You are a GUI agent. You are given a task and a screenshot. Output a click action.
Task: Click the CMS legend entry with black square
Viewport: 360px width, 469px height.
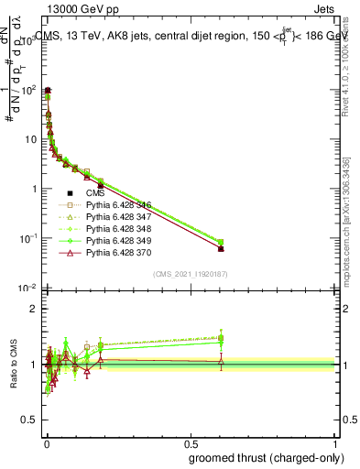(96, 193)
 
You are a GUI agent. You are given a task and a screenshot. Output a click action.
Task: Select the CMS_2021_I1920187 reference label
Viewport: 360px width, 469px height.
(190, 274)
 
